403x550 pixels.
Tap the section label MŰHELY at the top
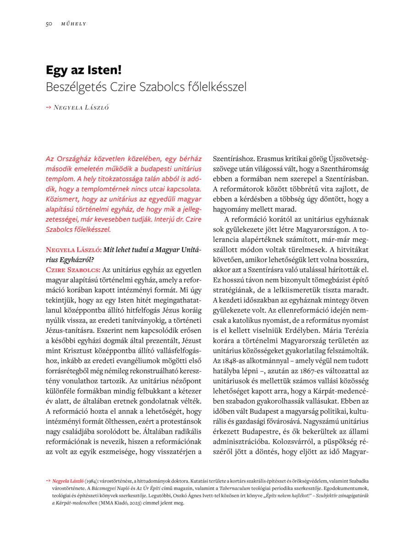[73, 24]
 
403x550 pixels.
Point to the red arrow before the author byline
[49, 107]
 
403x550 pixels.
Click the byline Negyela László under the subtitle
[82, 108]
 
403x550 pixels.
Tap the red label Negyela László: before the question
[73, 250]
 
